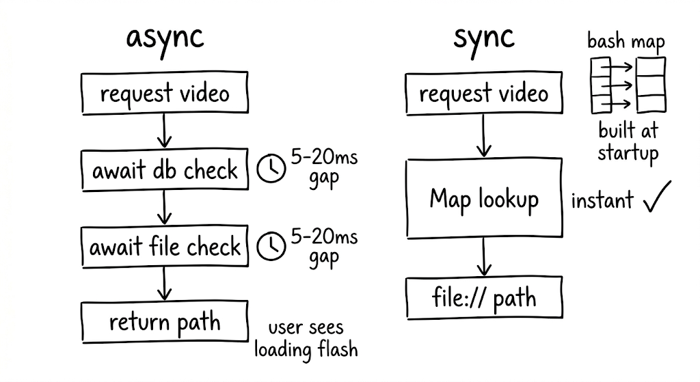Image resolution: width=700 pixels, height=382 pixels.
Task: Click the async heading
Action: point(165,38)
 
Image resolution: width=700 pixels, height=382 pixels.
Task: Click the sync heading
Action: point(484,38)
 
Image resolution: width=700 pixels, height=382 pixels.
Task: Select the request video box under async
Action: point(164,94)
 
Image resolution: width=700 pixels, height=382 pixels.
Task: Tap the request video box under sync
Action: point(484,94)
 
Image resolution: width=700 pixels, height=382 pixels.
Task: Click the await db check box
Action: point(165,170)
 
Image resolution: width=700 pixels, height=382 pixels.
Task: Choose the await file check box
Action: point(165,246)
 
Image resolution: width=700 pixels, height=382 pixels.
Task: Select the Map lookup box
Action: point(484,199)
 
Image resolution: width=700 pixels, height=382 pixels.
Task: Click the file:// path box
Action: point(484,298)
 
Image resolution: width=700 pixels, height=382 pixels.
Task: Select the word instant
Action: point(602,201)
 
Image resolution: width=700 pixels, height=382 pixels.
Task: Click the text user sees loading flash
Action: point(306,340)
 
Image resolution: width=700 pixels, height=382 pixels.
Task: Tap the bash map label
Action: point(626,42)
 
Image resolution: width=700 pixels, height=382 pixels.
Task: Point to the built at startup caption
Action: point(628,141)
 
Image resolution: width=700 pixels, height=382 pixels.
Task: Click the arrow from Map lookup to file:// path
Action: point(484,256)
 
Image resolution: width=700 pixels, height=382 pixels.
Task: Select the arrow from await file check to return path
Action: point(164,282)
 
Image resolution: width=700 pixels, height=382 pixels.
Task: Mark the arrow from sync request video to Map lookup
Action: point(484,136)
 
